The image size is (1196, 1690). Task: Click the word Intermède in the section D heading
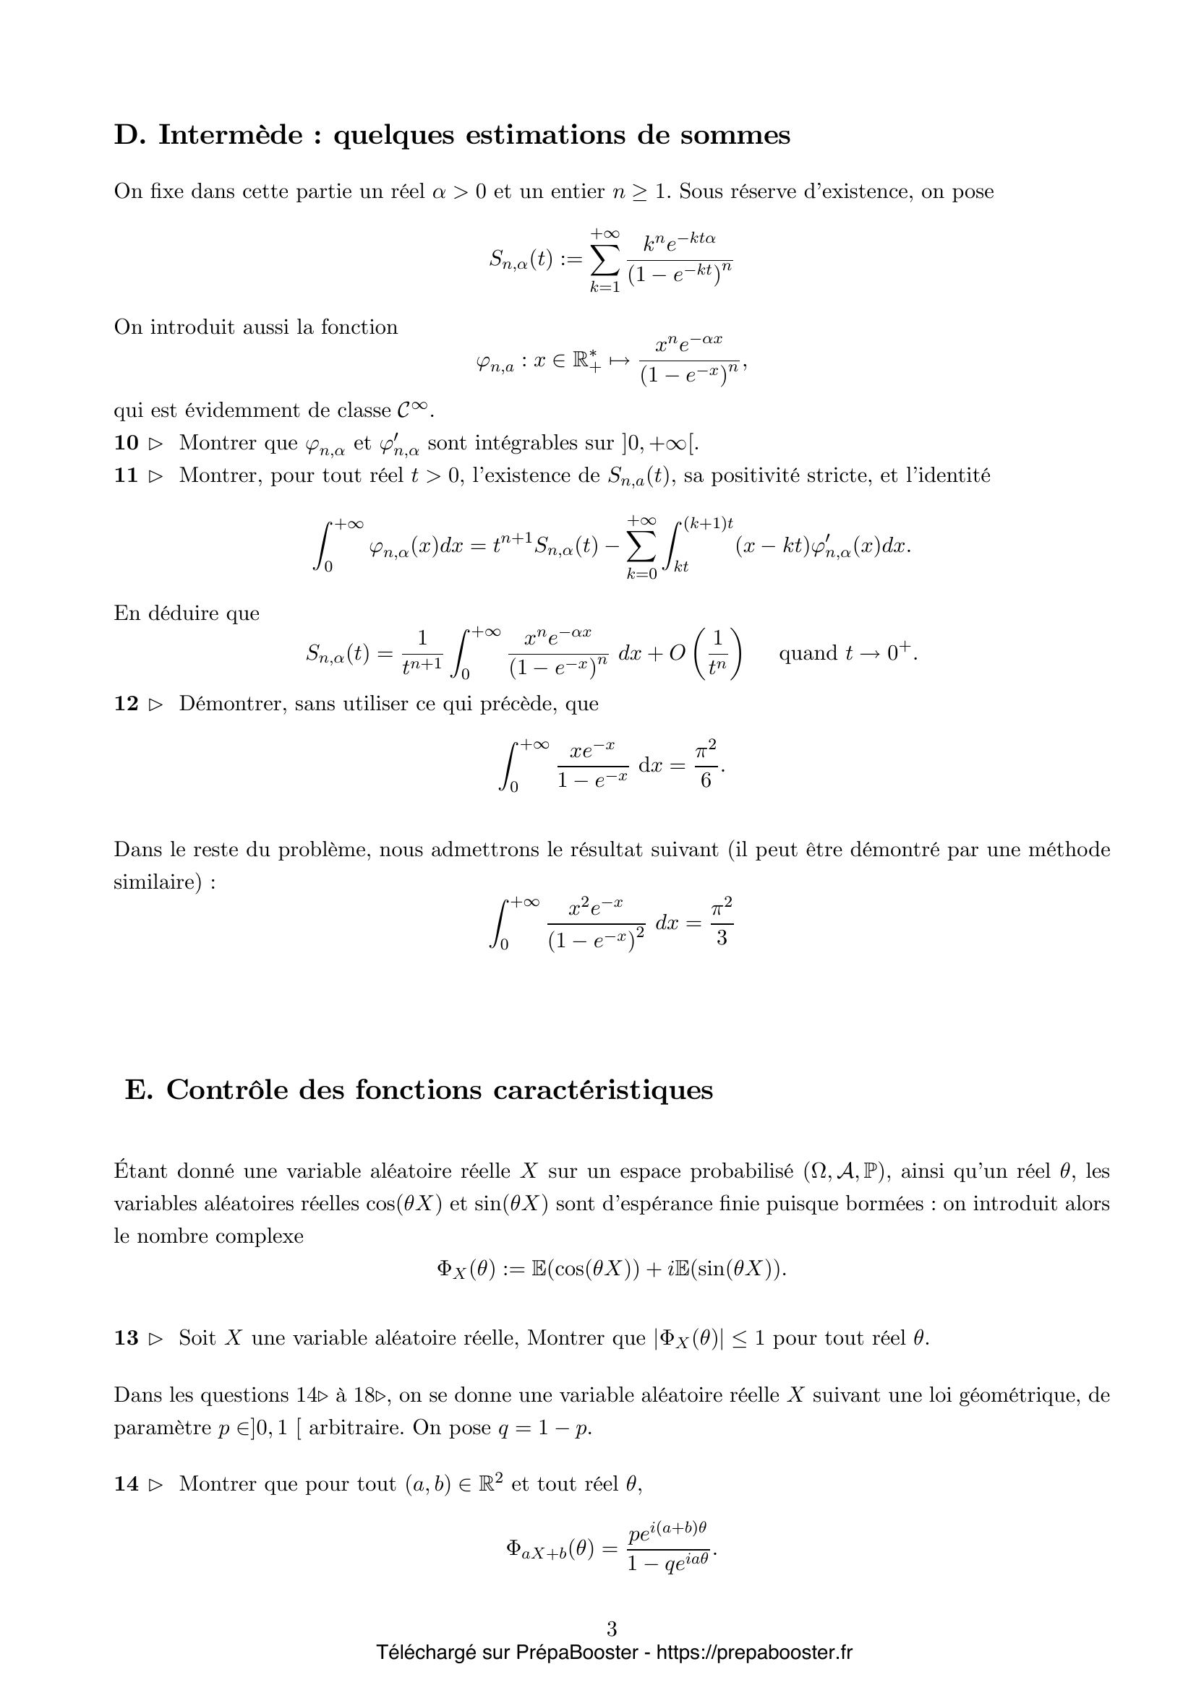pos(231,135)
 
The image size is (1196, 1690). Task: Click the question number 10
pos(126,443)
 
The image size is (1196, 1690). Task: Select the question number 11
pos(126,475)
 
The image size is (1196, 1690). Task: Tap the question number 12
pos(126,704)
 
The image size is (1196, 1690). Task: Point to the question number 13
pos(126,1337)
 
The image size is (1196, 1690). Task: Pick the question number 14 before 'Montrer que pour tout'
pos(126,1484)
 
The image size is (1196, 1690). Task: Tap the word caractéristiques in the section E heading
pos(603,1090)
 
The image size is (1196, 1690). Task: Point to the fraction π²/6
pos(706,766)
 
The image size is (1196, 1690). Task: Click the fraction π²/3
pos(722,922)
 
